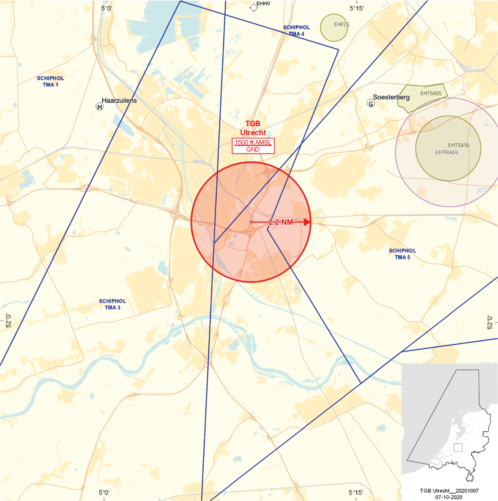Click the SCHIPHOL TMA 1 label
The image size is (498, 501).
click(x=51, y=81)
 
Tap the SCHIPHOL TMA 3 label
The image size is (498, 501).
click(x=112, y=304)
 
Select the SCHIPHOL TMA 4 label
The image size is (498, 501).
click(x=296, y=30)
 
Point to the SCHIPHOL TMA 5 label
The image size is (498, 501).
click(x=402, y=254)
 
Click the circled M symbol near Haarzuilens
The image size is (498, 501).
click(x=99, y=107)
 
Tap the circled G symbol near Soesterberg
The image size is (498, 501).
click(x=371, y=103)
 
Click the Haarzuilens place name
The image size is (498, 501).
click(x=119, y=100)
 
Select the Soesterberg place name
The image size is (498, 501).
click(x=391, y=97)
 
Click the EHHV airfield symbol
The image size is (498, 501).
click(x=254, y=7)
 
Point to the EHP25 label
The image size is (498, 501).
click(x=341, y=24)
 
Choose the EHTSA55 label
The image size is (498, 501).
click(x=431, y=93)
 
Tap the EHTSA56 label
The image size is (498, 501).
click(x=459, y=145)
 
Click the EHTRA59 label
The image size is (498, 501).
click(x=447, y=152)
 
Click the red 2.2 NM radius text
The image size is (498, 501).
click(x=281, y=222)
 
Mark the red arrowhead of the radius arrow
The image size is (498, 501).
click(x=307, y=222)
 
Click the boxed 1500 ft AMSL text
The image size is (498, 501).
click(x=253, y=143)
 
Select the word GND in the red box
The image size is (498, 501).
click(x=253, y=150)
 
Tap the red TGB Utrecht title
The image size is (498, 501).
click(x=253, y=128)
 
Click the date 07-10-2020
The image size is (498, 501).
click(x=449, y=497)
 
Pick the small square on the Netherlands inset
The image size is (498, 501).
click(x=458, y=448)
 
